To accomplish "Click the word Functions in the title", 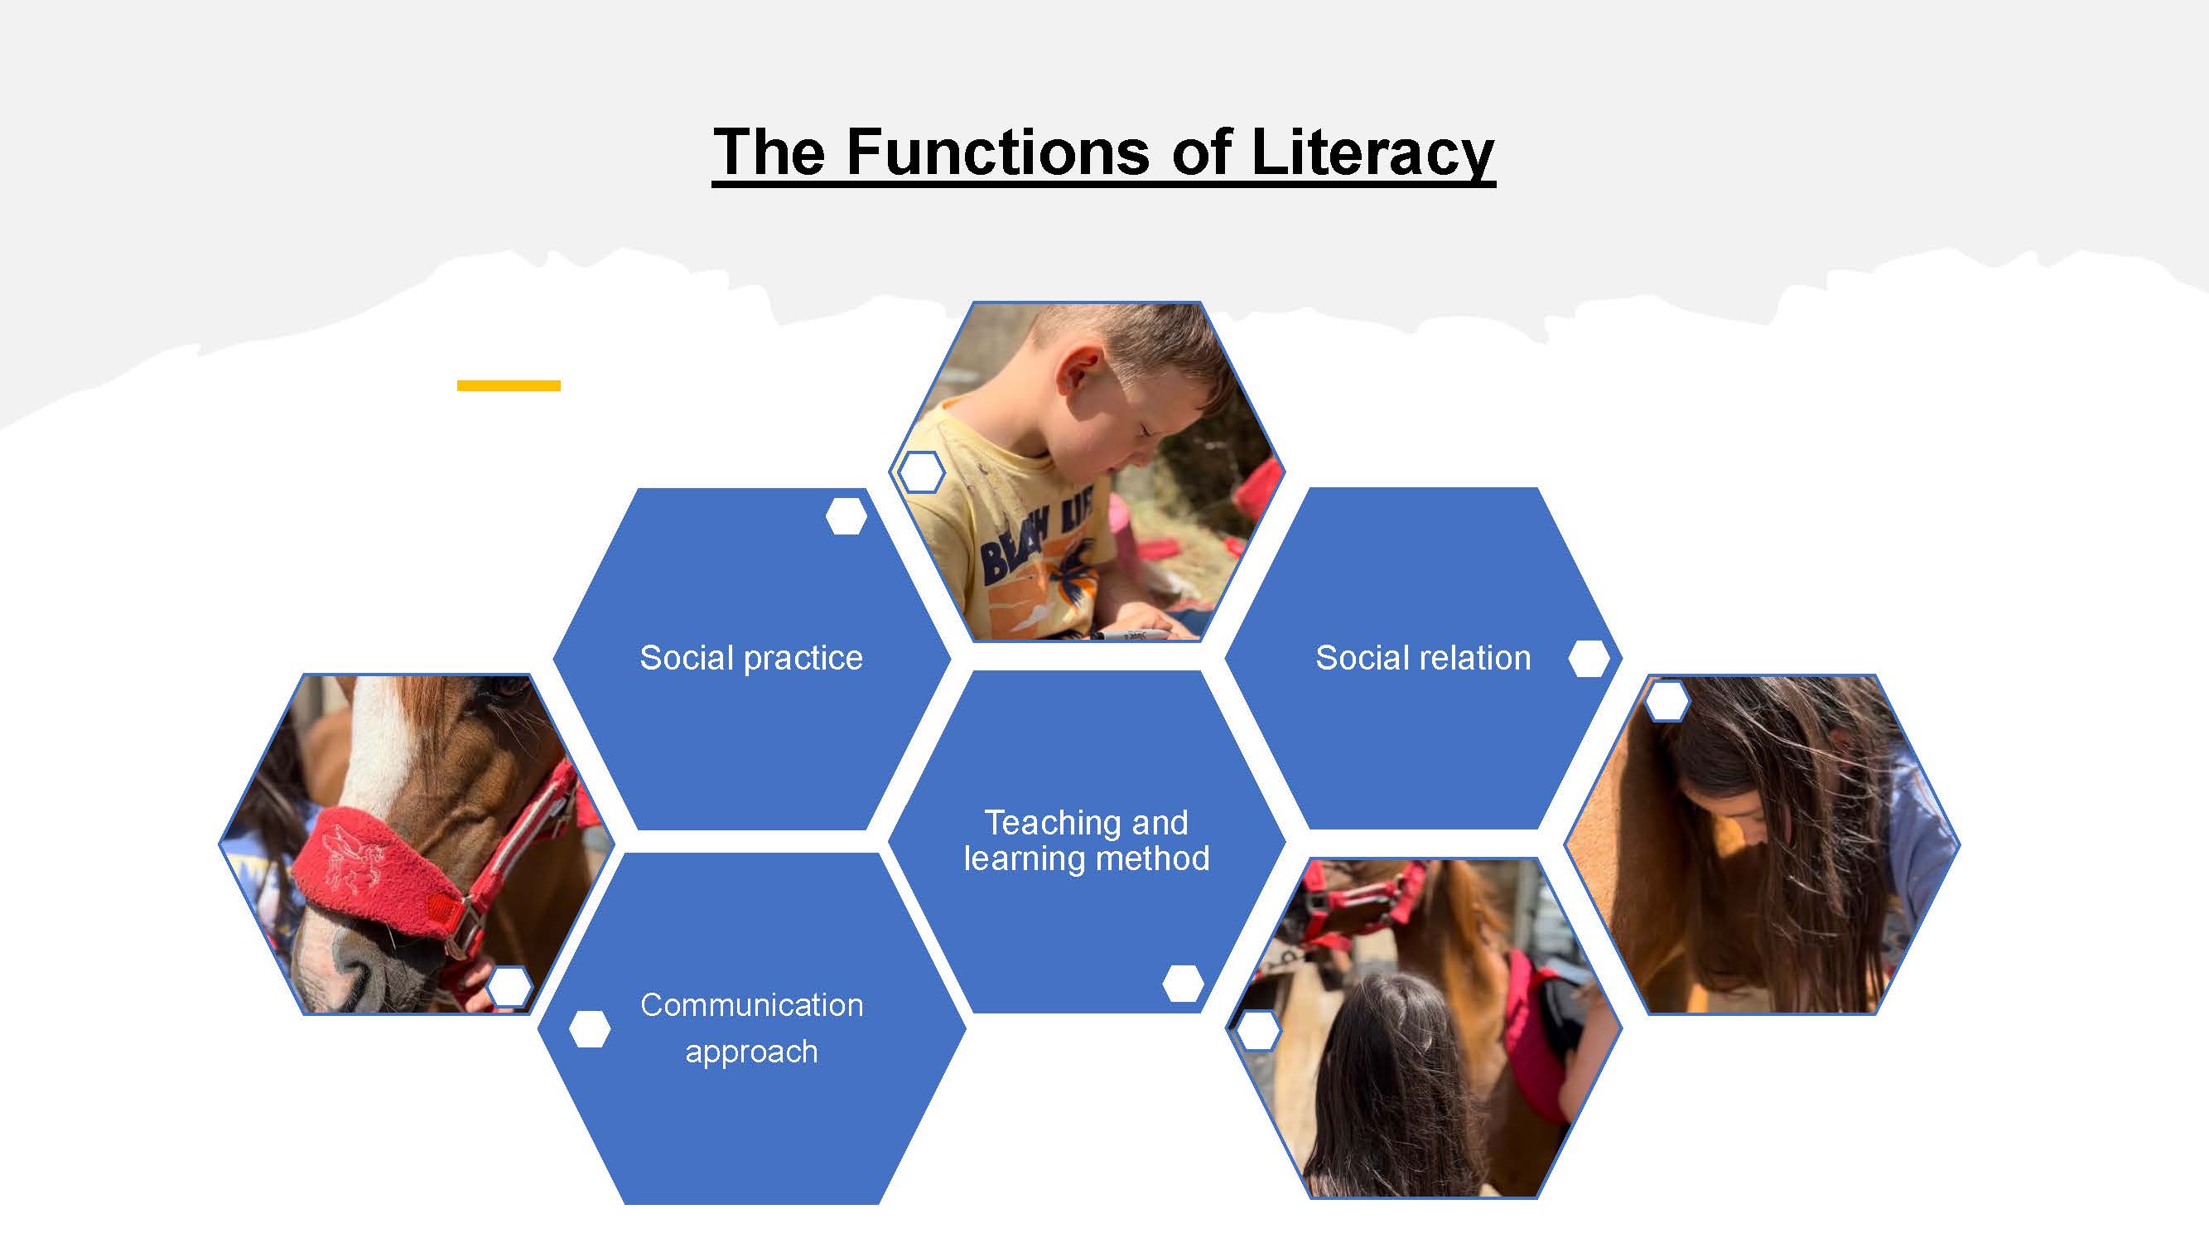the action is click(997, 152).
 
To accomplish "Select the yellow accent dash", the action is click(509, 386).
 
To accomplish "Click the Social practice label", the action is click(751, 658).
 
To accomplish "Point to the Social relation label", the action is click(1424, 658).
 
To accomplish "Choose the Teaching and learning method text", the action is click(1087, 840).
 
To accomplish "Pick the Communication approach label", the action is click(752, 1028).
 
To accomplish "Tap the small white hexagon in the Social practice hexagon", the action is click(846, 516).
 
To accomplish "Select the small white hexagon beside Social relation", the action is click(1589, 659).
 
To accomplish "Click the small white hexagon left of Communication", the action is click(590, 1028).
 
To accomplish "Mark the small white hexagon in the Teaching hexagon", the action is click(1184, 983).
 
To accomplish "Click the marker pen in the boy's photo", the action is click(1132, 636).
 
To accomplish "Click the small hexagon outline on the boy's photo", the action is click(921, 472).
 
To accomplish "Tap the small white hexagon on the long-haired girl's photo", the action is click(1667, 701).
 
